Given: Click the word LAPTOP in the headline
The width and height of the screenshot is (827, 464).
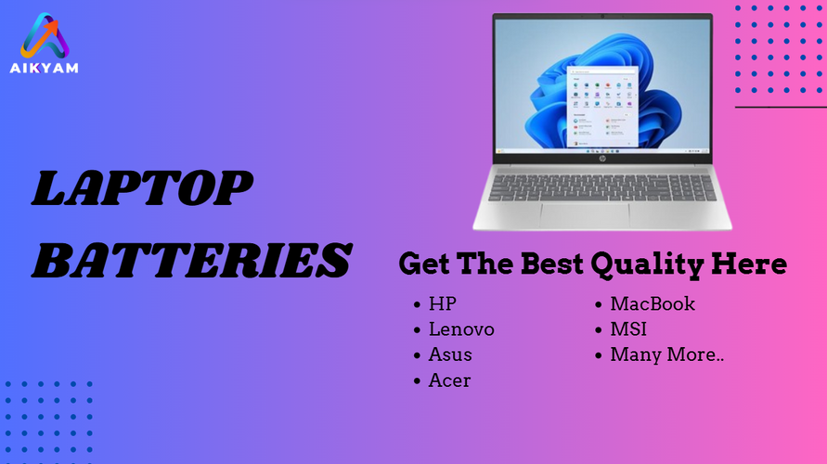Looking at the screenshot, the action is click(x=142, y=188).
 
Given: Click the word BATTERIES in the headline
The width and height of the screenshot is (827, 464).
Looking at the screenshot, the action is click(x=191, y=261).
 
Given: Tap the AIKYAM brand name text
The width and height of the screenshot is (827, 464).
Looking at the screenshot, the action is click(x=45, y=68).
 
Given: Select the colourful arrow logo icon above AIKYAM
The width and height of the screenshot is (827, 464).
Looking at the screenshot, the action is click(x=45, y=36).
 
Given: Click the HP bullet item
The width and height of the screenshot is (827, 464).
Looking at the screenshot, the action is click(x=442, y=303).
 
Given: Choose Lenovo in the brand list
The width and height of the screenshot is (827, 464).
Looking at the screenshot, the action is click(x=461, y=329).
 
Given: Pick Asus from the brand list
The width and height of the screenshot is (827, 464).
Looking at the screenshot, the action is click(x=450, y=354).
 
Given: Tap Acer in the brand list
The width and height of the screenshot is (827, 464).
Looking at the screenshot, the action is click(x=449, y=380).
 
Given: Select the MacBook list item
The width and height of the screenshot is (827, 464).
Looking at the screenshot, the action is click(x=653, y=303).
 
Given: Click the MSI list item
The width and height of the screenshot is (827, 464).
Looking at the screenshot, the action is click(x=628, y=329).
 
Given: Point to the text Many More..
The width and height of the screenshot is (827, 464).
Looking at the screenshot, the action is click(x=667, y=354).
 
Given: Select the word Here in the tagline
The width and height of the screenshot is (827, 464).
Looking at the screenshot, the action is click(x=749, y=264).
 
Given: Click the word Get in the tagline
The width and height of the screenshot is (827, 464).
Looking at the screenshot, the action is click(x=424, y=264).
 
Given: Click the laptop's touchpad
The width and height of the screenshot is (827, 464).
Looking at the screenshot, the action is click(x=585, y=215).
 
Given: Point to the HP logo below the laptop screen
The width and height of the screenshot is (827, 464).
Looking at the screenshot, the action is click(x=602, y=159).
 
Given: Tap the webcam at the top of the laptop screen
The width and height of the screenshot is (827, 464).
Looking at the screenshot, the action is click(x=602, y=17).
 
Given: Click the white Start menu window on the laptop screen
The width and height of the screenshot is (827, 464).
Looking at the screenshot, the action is click(x=602, y=107).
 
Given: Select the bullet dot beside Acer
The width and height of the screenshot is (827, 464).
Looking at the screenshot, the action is click(x=417, y=380).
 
